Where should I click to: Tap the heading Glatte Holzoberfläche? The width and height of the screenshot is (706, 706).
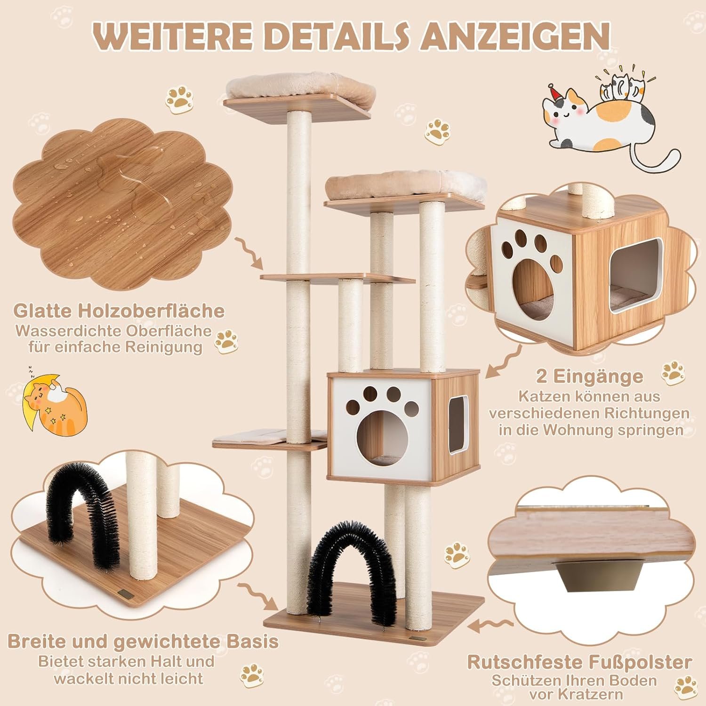(x=119, y=311)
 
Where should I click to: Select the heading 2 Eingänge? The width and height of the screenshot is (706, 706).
(x=589, y=376)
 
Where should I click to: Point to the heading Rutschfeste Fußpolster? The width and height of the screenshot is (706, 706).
(x=579, y=662)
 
